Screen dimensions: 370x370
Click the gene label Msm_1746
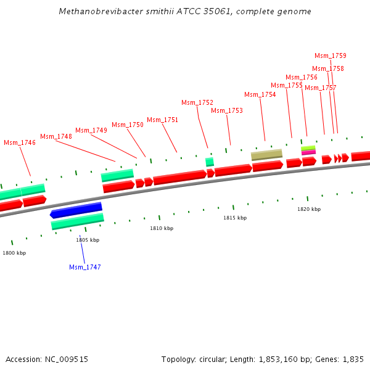click(x=20, y=142)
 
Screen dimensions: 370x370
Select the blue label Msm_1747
click(x=84, y=267)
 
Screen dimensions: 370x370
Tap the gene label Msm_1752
click(x=197, y=102)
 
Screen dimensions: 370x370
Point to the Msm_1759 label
click(x=330, y=55)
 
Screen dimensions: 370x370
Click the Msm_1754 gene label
click(x=260, y=94)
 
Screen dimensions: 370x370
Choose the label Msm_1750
click(x=127, y=125)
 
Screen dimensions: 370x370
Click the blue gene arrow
click(x=76, y=210)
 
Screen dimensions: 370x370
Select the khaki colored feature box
click(x=266, y=154)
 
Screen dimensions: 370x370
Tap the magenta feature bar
click(x=308, y=152)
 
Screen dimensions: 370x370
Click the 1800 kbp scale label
click(x=14, y=253)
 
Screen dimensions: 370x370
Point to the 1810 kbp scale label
click(x=162, y=228)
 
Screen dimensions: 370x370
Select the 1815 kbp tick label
click(x=235, y=218)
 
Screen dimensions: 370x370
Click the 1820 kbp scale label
click(x=309, y=209)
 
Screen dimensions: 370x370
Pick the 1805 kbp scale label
click(x=88, y=240)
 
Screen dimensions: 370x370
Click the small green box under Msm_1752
click(x=210, y=162)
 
